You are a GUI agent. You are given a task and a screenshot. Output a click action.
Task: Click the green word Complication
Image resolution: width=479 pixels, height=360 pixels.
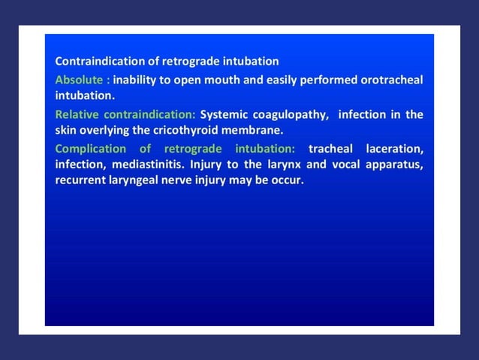coord(89,148)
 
